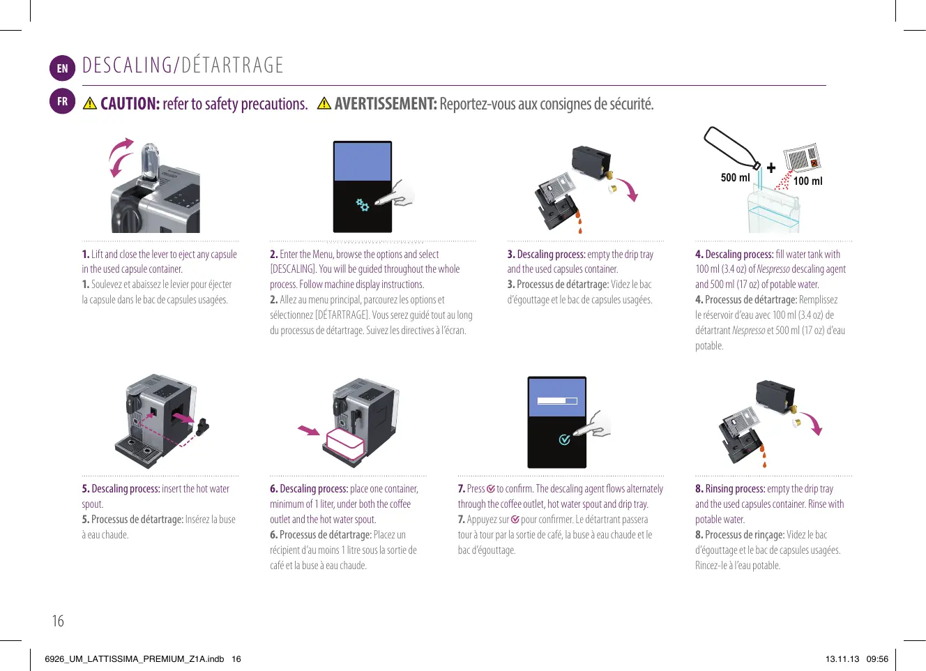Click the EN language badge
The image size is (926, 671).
click(62, 68)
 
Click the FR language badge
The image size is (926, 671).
click(62, 101)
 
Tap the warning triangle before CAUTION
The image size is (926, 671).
click(90, 104)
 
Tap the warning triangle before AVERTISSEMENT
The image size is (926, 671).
click(324, 104)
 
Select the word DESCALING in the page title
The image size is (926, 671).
click(127, 66)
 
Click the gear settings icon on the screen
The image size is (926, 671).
click(363, 204)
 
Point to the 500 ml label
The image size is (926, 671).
click(735, 178)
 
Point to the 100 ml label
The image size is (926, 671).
click(807, 181)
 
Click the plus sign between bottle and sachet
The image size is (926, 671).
click(771, 167)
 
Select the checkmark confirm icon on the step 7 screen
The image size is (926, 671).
click(564, 439)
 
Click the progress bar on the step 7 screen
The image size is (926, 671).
click(557, 401)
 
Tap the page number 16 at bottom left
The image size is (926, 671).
click(58, 621)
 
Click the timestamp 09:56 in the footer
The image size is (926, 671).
click(877, 658)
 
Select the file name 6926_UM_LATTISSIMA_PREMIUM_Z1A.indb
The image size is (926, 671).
click(134, 658)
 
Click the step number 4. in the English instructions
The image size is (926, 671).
click(699, 255)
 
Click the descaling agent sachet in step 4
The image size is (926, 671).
click(802, 158)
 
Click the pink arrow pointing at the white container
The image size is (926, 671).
click(308, 430)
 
